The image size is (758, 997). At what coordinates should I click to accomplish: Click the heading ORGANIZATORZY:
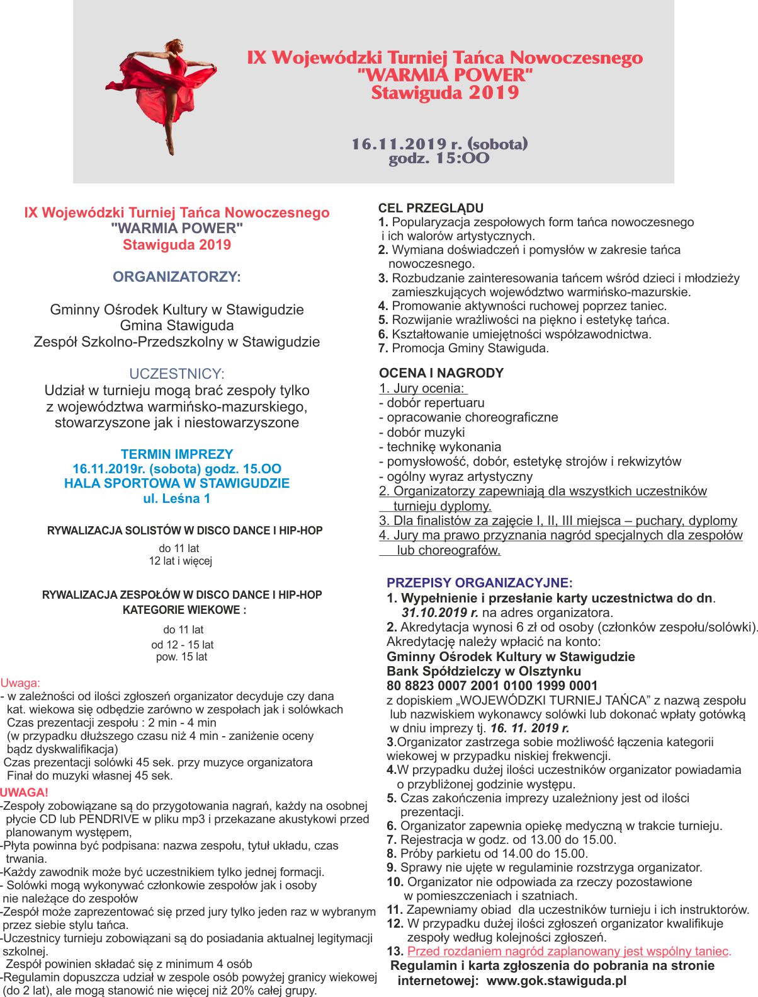click(x=177, y=277)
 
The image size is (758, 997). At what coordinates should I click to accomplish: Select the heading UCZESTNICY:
click(x=177, y=374)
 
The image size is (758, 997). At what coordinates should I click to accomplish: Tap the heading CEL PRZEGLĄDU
click(x=431, y=208)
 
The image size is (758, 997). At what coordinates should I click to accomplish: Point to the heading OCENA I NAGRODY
click(x=441, y=373)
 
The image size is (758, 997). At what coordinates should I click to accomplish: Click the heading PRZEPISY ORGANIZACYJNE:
click(x=480, y=583)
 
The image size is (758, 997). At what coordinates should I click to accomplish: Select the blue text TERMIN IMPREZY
click(x=177, y=454)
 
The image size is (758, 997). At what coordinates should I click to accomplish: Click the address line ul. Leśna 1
click(x=177, y=498)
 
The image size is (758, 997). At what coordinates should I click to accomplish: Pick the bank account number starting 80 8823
click(x=492, y=686)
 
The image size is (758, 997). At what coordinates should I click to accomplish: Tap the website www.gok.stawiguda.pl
click(x=557, y=981)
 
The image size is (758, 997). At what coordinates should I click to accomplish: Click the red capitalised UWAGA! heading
click(x=25, y=793)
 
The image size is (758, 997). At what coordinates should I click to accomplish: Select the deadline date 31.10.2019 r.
click(x=439, y=613)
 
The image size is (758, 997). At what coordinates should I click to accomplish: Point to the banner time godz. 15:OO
click(x=439, y=158)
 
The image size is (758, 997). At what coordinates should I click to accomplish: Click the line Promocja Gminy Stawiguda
click(x=470, y=349)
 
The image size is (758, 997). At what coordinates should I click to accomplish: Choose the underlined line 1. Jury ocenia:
click(x=422, y=388)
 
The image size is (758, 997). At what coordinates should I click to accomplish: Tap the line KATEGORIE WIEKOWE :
click(x=184, y=610)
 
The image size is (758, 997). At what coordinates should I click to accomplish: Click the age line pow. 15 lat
click(x=181, y=657)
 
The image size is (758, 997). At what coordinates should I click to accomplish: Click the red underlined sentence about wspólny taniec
click(x=568, y=952)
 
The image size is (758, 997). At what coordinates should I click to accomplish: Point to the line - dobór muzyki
click(x=422, y=432)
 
